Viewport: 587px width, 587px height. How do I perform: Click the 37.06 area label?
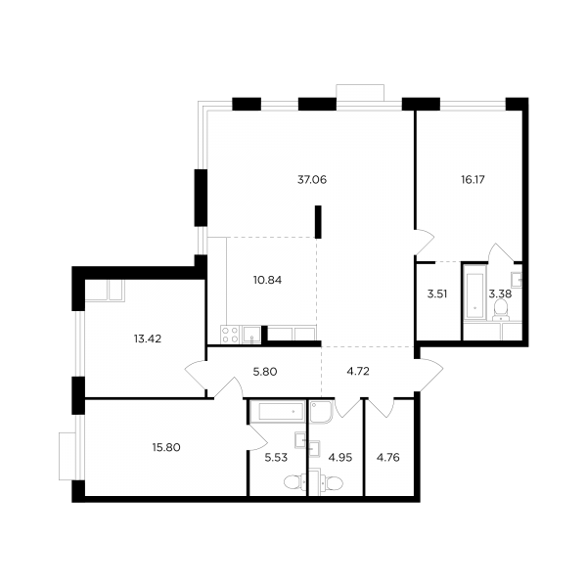(312, 180)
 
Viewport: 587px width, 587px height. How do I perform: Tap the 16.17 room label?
(473, 180)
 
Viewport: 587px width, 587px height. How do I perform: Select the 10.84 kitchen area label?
(267, 280)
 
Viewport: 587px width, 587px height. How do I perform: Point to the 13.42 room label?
(148, 339)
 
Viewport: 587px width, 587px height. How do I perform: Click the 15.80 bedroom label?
(166, 447)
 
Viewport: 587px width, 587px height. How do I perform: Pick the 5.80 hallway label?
(265, 372)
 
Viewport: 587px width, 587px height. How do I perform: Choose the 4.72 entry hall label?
(358, 372)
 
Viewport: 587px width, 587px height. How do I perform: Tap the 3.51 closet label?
(437, 293)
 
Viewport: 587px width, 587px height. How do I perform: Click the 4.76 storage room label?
(387, 458)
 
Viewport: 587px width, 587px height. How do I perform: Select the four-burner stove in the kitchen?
(230, 335)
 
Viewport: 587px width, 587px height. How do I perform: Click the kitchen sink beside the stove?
(251, 335)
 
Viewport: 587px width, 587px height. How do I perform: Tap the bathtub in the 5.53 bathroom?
(278, 412)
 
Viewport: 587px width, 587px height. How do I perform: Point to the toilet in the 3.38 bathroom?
(501, 309)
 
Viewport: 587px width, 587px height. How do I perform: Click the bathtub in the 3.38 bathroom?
(474, 292)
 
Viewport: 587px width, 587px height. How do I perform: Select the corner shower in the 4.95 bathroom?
(321, 412)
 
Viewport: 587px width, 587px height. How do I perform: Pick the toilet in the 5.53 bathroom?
(295, 482)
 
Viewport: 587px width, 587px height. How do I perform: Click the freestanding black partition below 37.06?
(318, 222)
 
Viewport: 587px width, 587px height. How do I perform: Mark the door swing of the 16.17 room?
(425, 242)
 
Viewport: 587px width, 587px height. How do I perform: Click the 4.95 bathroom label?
(339, 458)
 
